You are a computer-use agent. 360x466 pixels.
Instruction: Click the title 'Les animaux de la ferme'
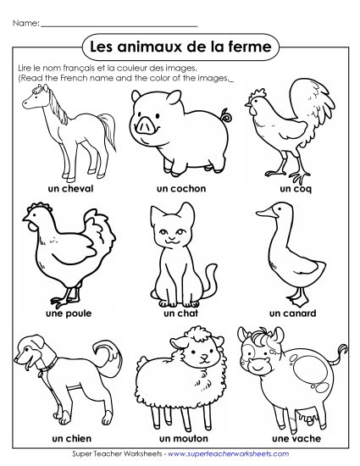(180, 44)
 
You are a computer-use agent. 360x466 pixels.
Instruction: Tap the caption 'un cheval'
(71, 188)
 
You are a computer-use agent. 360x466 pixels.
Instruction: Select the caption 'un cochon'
(180, 188)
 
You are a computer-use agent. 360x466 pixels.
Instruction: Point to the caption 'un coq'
(296, 188)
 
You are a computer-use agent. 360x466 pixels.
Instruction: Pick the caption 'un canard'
(292, 313)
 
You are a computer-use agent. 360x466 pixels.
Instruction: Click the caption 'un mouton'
(180, 440)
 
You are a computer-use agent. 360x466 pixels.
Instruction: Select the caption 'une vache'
(292, 440)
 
